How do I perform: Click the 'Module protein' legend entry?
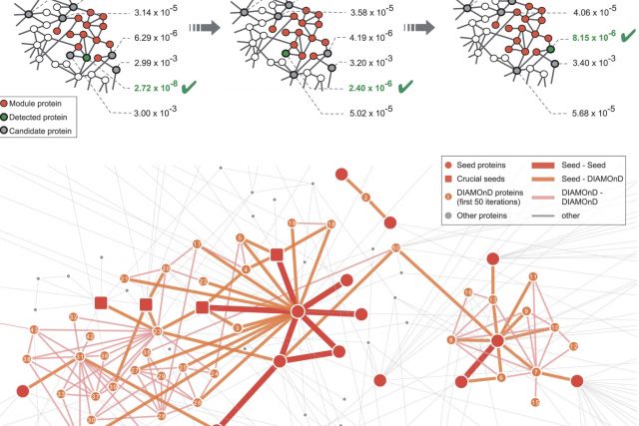(45, 102)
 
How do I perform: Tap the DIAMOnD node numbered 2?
(365, 198)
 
